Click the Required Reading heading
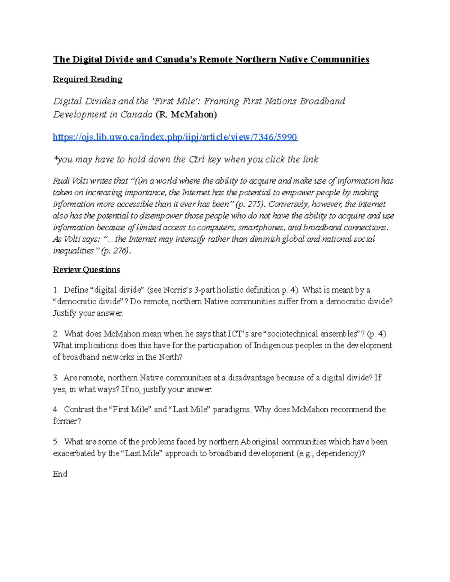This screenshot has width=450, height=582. [x=87, y=79]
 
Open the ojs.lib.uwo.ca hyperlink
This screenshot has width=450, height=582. [x=175, y=137]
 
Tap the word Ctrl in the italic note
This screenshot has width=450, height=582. [x=196, y=159]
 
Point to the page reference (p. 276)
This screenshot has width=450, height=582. [x=116, y=250]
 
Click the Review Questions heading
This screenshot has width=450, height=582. [x=86, y=269]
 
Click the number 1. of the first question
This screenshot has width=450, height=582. [x=56, y=290]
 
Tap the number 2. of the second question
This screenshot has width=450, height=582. [x=56, y=334]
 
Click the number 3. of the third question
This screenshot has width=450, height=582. [x=56, y=377]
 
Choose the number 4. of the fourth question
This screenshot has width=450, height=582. [x=56, y=409]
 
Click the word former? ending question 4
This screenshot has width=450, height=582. [x=67, y=421]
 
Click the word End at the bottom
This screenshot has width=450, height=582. [x=60, y=474]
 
